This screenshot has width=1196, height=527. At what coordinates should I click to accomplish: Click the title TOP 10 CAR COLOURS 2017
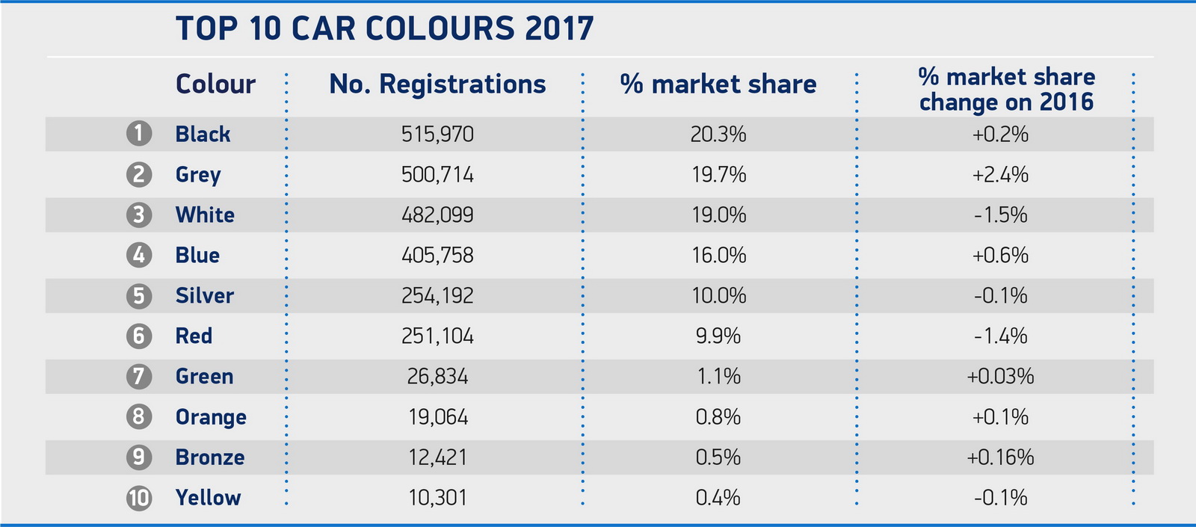384,29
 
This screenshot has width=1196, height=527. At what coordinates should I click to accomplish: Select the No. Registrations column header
437,84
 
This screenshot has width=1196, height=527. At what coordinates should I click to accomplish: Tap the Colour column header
215,84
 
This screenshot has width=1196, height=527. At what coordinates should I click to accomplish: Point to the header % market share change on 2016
1006,89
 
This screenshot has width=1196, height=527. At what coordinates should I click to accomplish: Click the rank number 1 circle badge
138,134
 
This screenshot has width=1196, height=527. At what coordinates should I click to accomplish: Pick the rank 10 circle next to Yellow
138,498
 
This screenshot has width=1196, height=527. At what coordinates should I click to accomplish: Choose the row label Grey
198,175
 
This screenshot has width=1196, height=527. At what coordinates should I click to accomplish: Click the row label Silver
205,296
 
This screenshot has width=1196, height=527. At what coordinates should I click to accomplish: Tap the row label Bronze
210,457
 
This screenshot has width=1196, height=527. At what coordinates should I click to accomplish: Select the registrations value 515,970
437,135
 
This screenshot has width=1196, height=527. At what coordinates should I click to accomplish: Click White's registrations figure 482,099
437,215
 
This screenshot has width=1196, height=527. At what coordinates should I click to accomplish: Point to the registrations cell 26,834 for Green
437,377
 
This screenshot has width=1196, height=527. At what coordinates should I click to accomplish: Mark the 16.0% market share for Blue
718,256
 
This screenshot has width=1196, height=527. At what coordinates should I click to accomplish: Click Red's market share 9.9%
718,336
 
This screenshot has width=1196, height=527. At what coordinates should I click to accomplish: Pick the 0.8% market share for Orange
718,417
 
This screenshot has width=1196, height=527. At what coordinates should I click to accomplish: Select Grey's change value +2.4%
1000,175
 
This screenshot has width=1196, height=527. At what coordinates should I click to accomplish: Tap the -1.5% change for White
1000,215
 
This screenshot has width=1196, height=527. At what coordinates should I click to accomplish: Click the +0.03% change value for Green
1000,377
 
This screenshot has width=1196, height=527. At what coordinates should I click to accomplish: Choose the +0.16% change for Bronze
1000,457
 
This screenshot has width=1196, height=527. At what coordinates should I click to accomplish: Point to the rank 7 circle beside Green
138,376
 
